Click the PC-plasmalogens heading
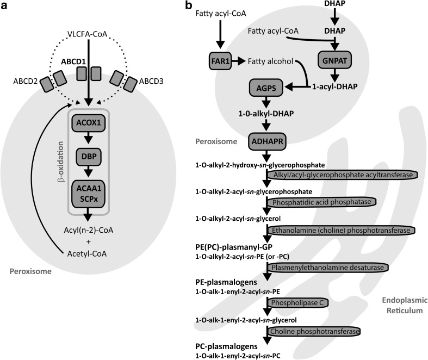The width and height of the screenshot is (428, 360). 225,346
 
